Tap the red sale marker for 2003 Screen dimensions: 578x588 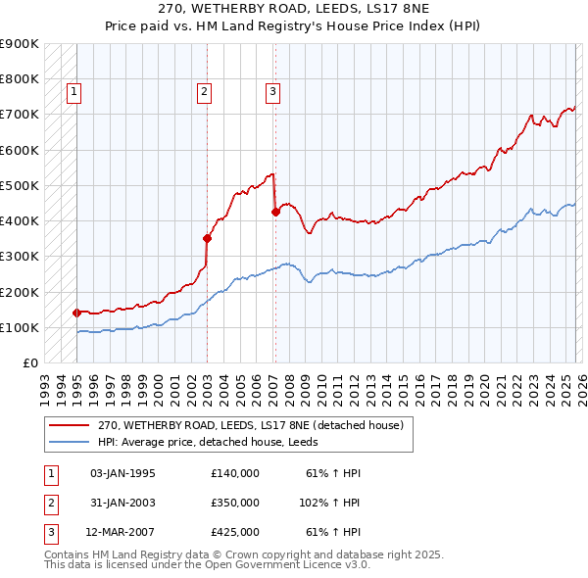207,237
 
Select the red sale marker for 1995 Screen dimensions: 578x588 76,313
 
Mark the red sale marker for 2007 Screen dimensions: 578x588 274,211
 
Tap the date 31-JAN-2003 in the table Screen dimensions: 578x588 122,503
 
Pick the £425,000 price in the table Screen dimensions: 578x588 235,532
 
